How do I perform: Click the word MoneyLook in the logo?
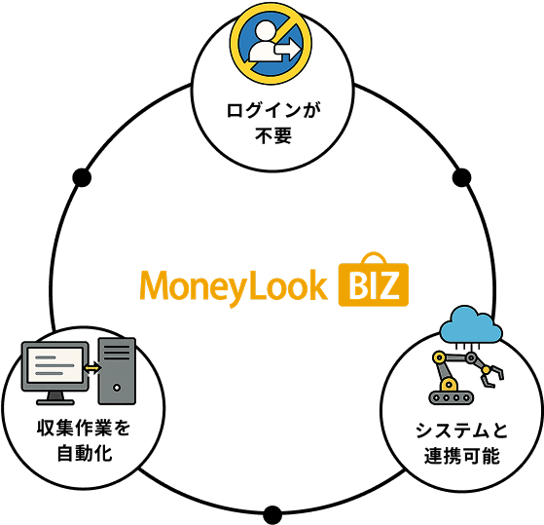[x=234, y=287]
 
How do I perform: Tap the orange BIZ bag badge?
[x=374, y=281]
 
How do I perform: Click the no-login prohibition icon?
[x=271, y=44]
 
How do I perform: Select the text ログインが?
[x=273, y=110]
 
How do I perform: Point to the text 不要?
[x=273, y=135]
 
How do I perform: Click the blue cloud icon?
[x=470, y=325]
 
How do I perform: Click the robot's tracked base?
[x=451, y=397]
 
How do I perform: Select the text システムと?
[x=461, y=431]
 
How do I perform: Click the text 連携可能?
[x=461, y=456]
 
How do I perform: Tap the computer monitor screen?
[x=55, y=365]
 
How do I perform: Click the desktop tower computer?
[x=117, y=371]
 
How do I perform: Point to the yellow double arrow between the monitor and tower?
[x=92, y=368]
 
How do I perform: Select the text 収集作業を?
[x=84, y=428]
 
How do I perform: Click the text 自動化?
[x=85, y=453]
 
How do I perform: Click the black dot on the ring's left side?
[x=82, y=177]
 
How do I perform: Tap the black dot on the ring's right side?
[x=462, y=177]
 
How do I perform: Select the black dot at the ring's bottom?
[x=272, y=515]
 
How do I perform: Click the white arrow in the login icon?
[x=287, y=50]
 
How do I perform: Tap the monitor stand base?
[x=55, y=402]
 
